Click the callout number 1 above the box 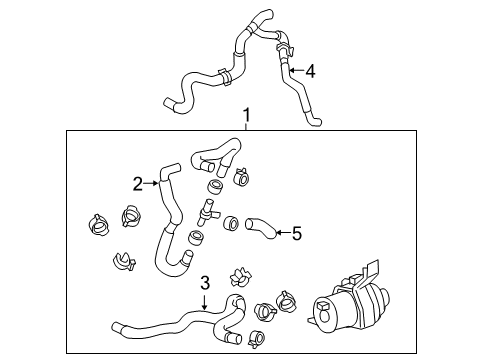pos(246,115)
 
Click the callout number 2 pos(137,184)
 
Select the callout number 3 pos(205,283)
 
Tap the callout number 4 pos(310,71)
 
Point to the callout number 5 pos(297,233)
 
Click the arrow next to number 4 pos(296,70)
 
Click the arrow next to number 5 pos(283,232)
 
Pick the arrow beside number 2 pos(151,183)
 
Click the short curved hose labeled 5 pos(261,228)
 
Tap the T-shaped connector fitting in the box pos(207,213)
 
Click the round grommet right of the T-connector pos(231,224)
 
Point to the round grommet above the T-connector pos(216,187)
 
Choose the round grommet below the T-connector pos(196,238)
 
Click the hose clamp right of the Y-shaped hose pos(241,177)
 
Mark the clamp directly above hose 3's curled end pos(240,277)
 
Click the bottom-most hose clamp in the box pos(256,339)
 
